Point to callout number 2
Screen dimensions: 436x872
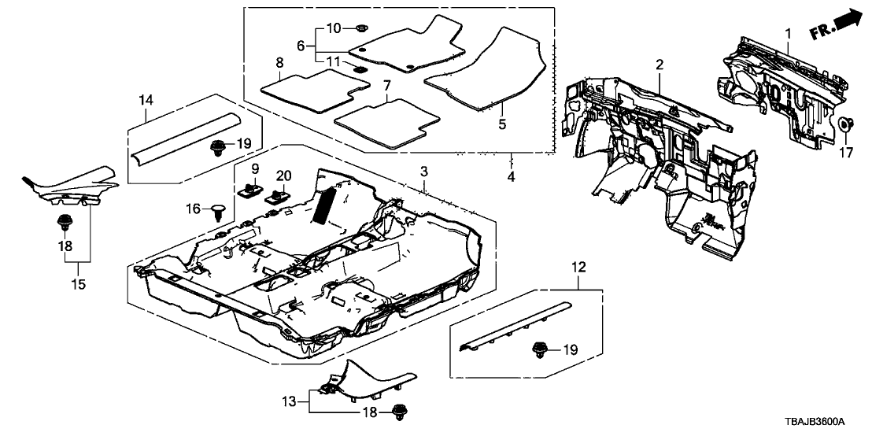point(660,64)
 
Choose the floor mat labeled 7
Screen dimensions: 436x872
point(386,120)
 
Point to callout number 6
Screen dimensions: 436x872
point(300,46)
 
